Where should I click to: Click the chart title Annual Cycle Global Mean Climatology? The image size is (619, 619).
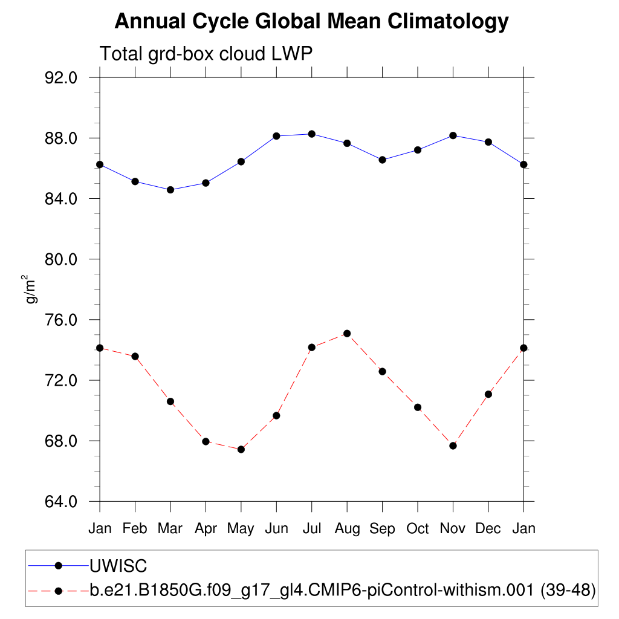coord(311,22)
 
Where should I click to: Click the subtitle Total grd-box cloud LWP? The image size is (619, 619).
coord(206,54)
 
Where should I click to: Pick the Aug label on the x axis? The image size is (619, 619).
coord(347,529)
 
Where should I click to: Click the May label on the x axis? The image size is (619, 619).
coord(241,529)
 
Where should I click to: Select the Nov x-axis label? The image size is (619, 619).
coord(453,529)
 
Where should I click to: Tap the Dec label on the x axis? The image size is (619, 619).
coord(488,529)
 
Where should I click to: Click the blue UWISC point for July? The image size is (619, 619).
coord(312,134)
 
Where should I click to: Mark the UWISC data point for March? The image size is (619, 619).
coord(170,190)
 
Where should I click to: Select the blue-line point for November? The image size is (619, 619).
coord(453,135)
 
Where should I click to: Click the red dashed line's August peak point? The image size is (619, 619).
coord(347,333)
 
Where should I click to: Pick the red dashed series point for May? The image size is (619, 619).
coord(241,449)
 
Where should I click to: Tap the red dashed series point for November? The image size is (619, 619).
coord(453,446)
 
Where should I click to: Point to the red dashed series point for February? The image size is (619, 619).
coord(135,356)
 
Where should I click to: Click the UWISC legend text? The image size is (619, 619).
coord(118,566)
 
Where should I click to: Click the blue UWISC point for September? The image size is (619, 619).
coord(382,160)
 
